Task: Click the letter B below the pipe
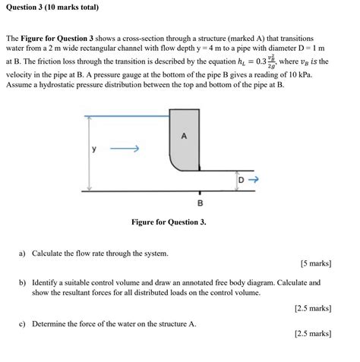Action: click(x=200, y=203)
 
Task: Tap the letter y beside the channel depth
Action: click(x=94, y=149)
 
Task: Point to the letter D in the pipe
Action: click(x=242, y=180)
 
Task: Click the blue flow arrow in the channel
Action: click(x=124, y=150)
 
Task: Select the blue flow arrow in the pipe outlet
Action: click(x=254, y=180)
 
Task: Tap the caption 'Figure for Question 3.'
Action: click(x=169, y=222)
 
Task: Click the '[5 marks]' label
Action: click(x=315, y=264)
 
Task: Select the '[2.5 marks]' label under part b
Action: click(x=312, y=308)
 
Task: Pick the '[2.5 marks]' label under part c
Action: click(x=312, y=333)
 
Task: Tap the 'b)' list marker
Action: click(x=24, y=282)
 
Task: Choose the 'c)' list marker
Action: click(x=24, y=323)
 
